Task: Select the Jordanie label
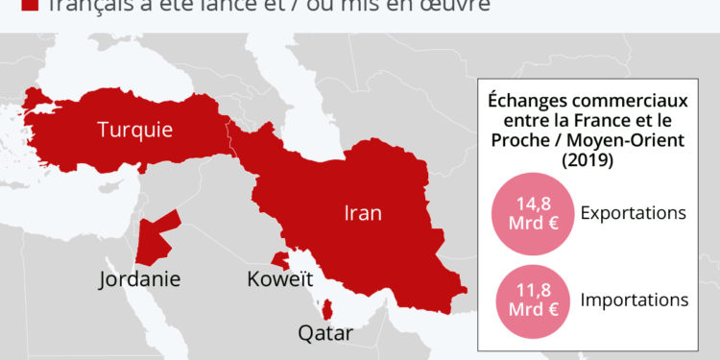(140, 279)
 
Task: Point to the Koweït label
(280, 279)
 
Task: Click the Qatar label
(324, 334)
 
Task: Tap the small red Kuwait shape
(279, 260)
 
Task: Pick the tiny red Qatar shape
(328, 309)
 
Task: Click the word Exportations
(633, 213)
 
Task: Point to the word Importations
(635, 300)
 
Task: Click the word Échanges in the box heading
(528, 99)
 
